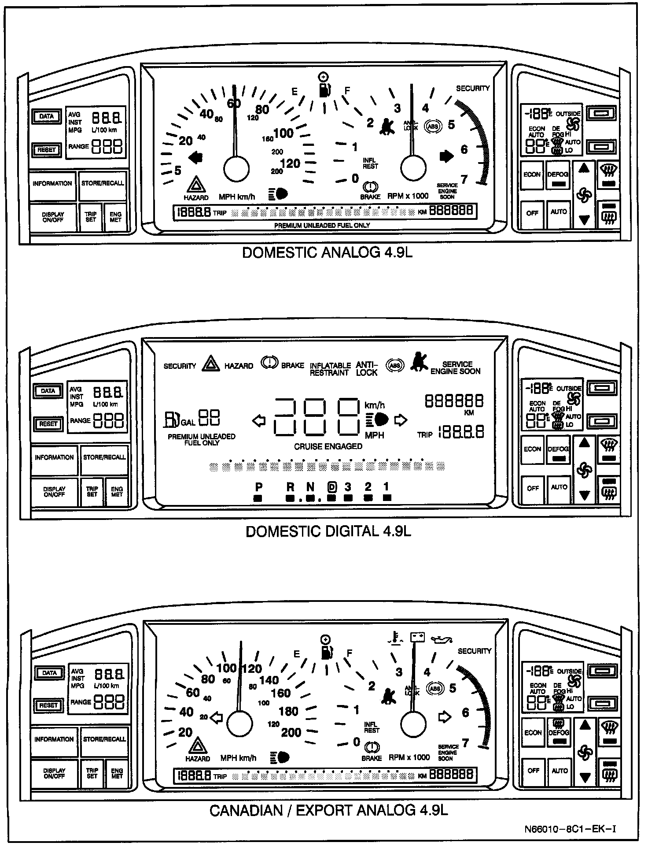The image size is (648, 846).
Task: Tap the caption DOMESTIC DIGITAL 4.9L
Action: [x=328, y=531]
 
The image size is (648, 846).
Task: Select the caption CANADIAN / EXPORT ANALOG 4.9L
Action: [x=328, y=810]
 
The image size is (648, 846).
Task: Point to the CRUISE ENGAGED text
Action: [x=328, y=446]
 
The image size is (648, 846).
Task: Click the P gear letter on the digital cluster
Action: [x=259, y=487]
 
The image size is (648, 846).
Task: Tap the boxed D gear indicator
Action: [x=331, y=487]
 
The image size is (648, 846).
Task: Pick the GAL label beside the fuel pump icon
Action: [x=188, y=423]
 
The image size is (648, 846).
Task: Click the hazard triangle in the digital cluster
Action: [x=211, y=364]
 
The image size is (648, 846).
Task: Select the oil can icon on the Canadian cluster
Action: [x=442, y=639]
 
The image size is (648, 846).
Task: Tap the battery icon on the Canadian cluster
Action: [x=417, y=637]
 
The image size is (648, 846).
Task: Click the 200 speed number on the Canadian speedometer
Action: [x=291, y=732]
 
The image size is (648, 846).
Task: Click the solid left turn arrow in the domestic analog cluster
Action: [x=195, y=157]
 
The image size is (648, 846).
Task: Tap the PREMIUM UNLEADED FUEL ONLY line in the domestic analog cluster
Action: [x=322, y=226]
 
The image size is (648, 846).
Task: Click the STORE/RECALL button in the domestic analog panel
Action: [x=103, y=183]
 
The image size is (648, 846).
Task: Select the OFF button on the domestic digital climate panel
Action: [x=533, y=488]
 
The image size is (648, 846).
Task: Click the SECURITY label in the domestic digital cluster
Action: [x=180, y=366]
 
